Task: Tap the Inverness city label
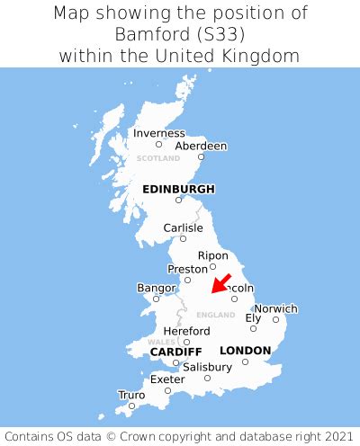pyautogui.click(x=159, y=133)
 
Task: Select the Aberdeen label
pyautogui.click(x=201, y=146)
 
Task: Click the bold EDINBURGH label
pyautogui.click(x=179, y=189)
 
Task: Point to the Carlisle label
pyautogui.click(x=183, y=227)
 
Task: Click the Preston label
pyautogui.click(x=187, y=268)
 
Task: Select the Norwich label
pyautogui.click(x=275, y=308)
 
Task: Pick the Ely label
pyautogui.click(x=254, y=317)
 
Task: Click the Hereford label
pyautogui.click(x=187, y=331)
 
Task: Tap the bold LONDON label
pyautogui.click(x=245, y=350)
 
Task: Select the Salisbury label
pyautogui.click(x=207, y=367)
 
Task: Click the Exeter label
pyautogui.click(x=167, y=379)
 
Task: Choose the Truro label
pyautogui.click(x=131, y=395)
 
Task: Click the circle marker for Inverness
pyautogui.click(x=159, y=144)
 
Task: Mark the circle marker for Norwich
pyautogui.click(x=276, y=319)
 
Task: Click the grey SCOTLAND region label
pyautogui.click(x=158, y=158)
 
